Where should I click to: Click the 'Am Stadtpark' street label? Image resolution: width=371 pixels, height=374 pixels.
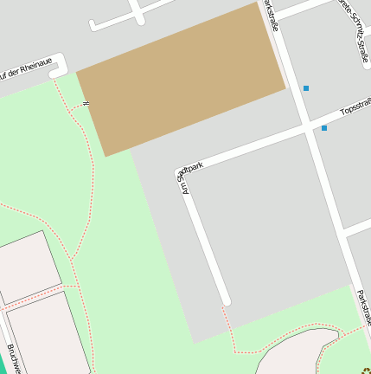[193, 177]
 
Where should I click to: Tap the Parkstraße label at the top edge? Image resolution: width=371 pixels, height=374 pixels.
[272, 15]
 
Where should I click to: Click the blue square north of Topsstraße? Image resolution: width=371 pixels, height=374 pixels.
[305, 88]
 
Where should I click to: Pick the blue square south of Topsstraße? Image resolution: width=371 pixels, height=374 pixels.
[324, 128]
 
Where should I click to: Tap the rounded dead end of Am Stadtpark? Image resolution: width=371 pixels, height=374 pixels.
[226, 301]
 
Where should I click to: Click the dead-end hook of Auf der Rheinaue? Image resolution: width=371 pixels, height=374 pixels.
[57, 74]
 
